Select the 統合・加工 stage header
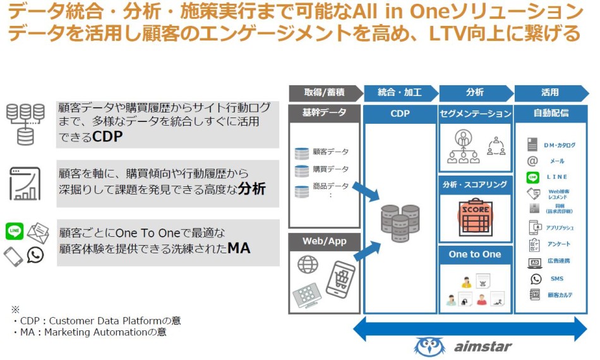point(399,92)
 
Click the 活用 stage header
point(549,92)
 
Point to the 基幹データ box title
point(324,113)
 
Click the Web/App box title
point(324,241)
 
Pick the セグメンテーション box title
point(475,114)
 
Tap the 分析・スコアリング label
point(475,185)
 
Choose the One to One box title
point(475,255)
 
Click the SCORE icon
point(475,215)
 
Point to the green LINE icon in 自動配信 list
point(533,177)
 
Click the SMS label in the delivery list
point(556,279)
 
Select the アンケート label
point(559,244)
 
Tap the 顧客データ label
point(330,152)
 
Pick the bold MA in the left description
point(239,248)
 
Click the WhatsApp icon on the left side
point(35,255)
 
